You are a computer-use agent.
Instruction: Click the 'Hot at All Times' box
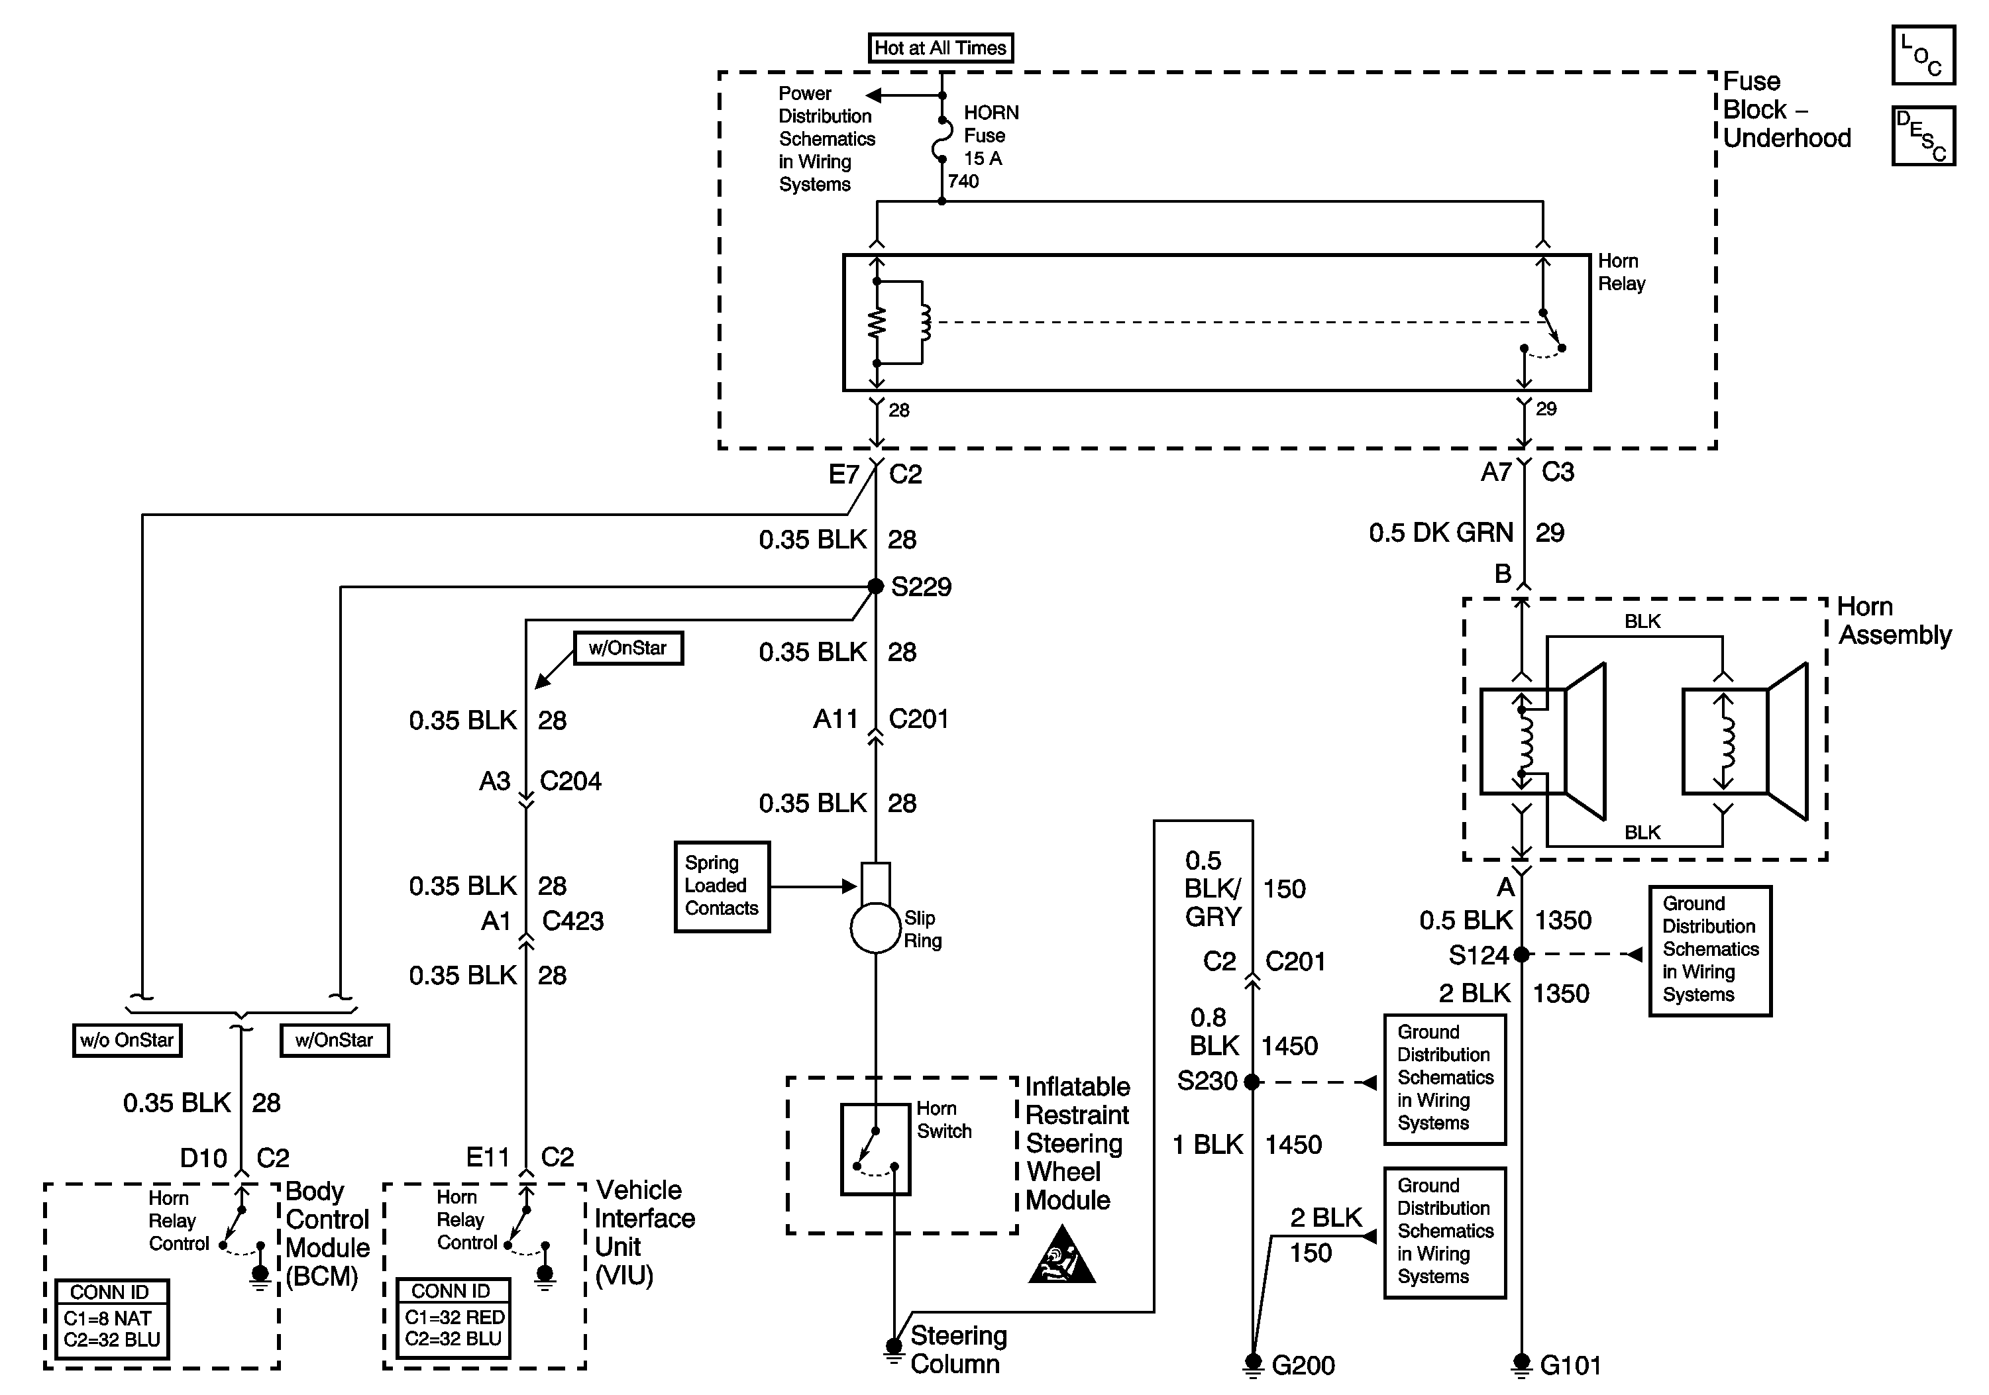click(x=940, y=48)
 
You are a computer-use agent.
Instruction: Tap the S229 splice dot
click(x=876, y=586)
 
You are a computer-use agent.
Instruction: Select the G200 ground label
click(x=1303, y=1366)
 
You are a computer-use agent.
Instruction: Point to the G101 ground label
click(x=1570, y=1366)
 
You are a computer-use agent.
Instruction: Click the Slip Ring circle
click(x=876, y=928)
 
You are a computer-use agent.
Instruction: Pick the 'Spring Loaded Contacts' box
click(x=722, y=886)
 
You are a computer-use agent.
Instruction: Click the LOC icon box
click(x=1923, y=56)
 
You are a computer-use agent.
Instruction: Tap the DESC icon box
click(x=1923, y=136)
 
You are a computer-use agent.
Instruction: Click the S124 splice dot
click(x=1521, y=955)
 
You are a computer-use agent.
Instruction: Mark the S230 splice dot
click(x=1252, y=1082)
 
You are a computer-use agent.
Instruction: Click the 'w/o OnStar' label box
click(x=127, y=1040)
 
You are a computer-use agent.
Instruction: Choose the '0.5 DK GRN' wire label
click(x=1440, y=533)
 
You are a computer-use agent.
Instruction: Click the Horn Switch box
click(x=876, y=1149)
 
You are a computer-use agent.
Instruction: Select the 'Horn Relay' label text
click(x=1621, y=272)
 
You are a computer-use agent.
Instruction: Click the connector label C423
click(x=572, y=921)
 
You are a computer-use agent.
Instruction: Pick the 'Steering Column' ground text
click(x=958, y=1349)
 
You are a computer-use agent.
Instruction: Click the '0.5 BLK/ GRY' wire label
click(x=1212, y=888)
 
